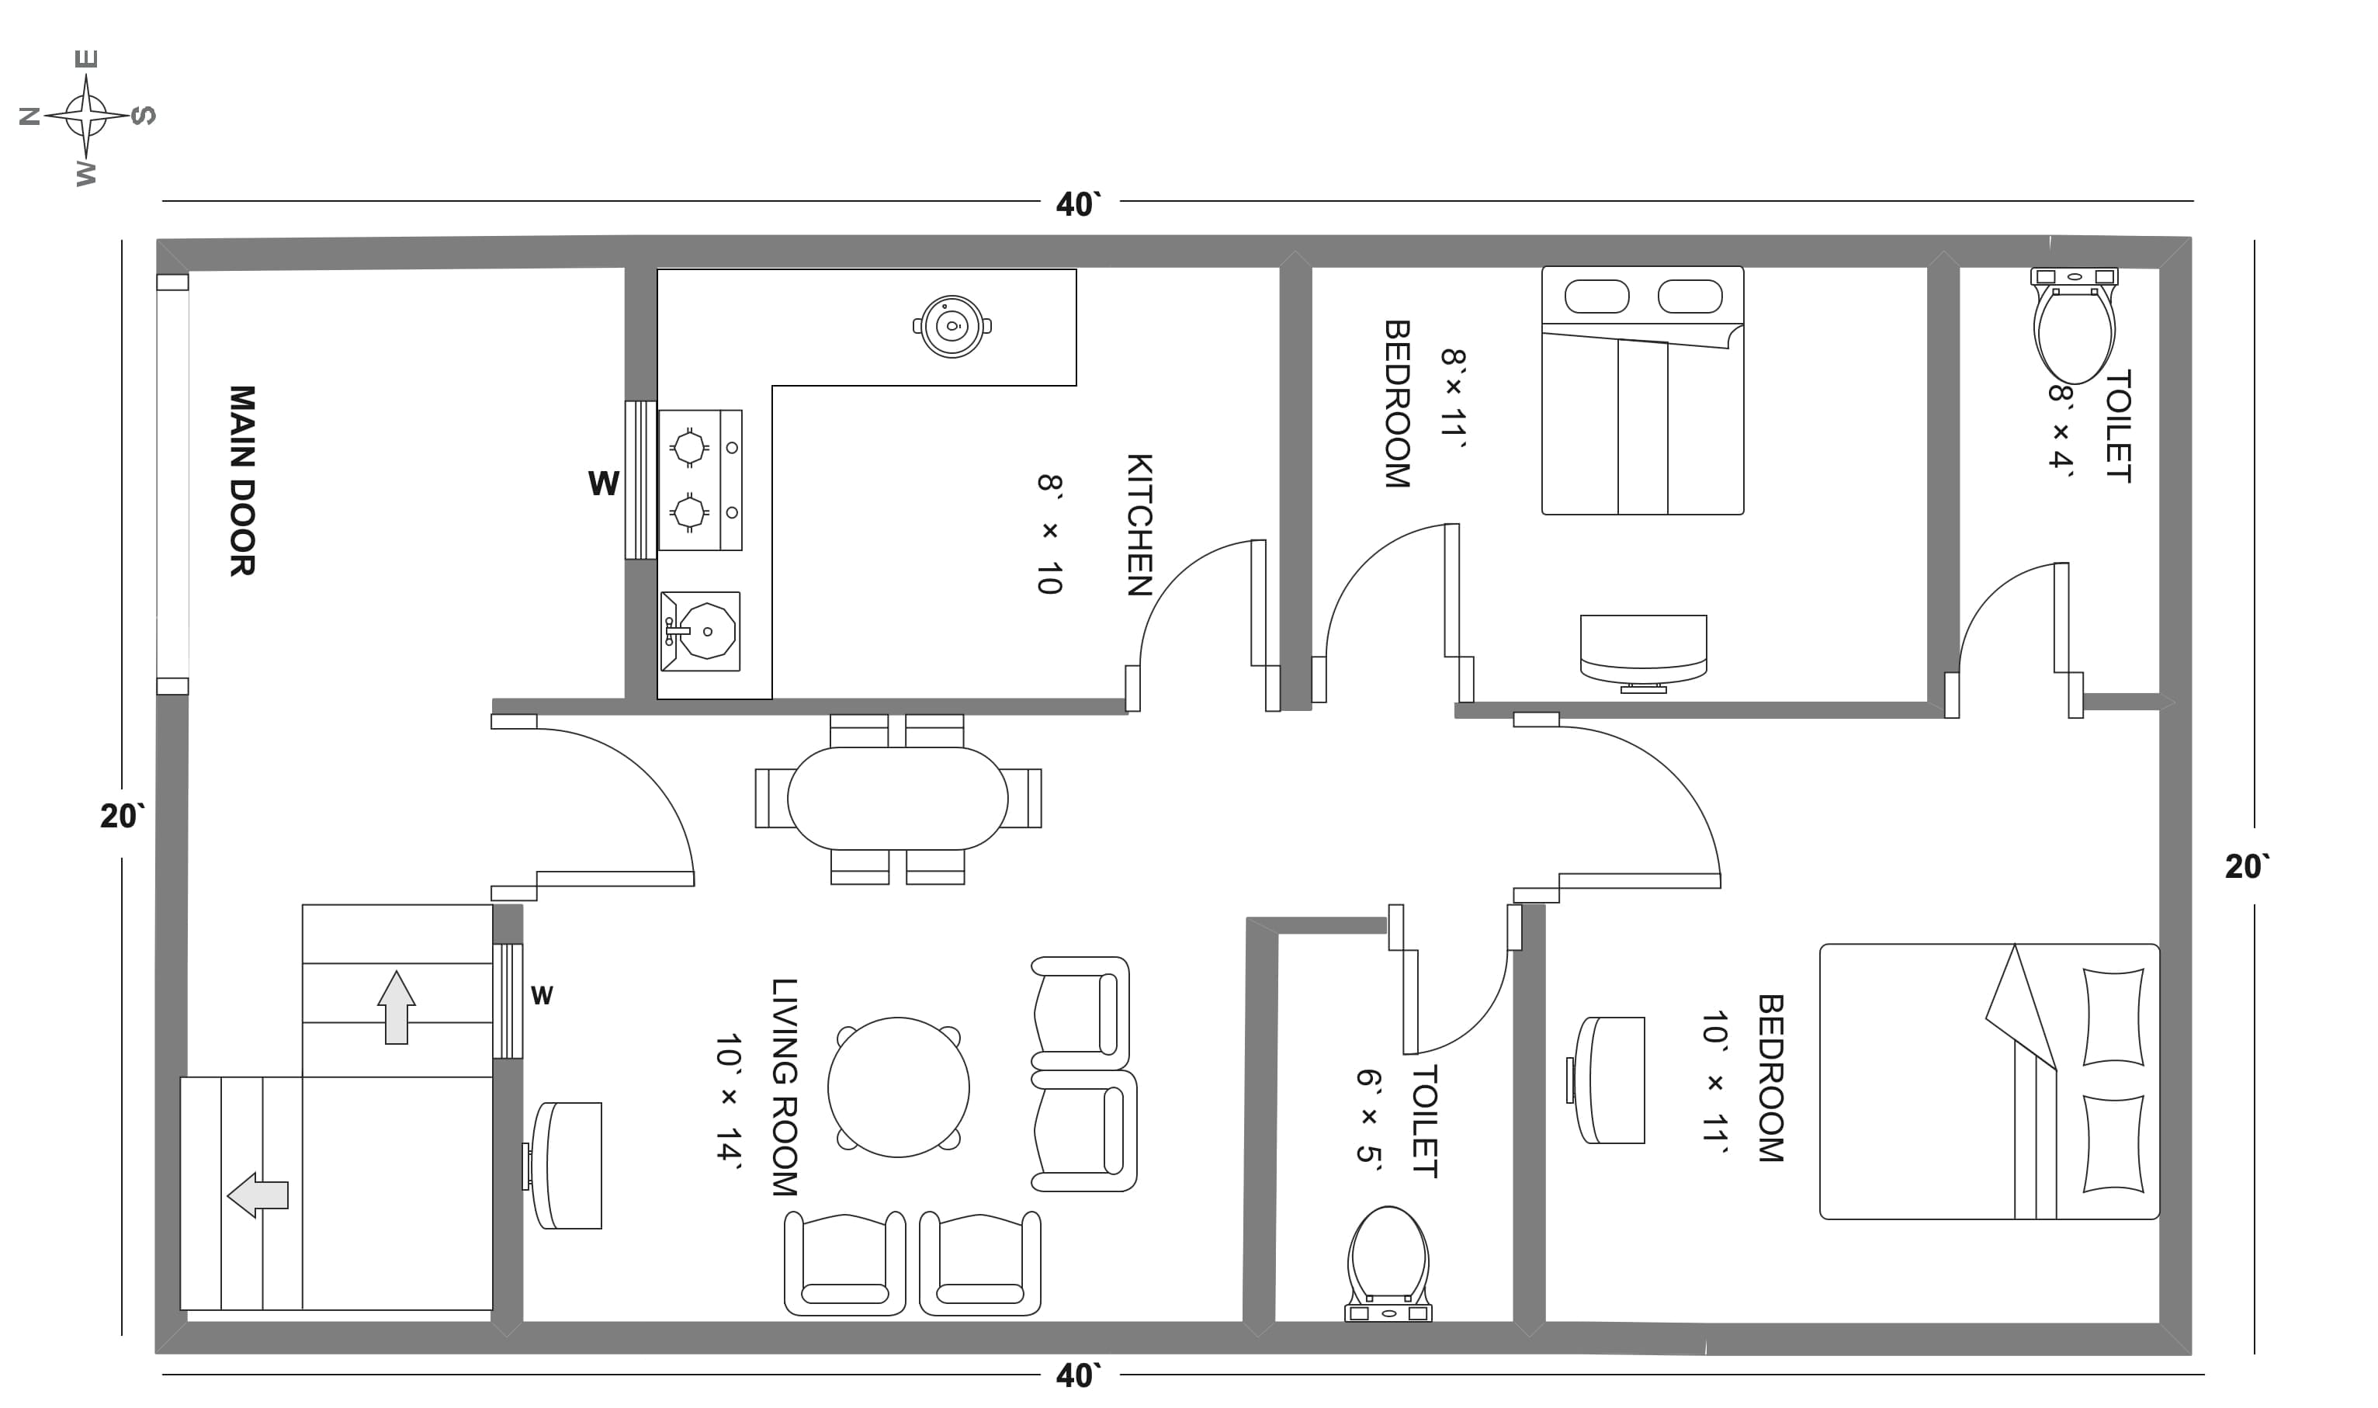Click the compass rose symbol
86,116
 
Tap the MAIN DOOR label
242,480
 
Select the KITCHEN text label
1139,525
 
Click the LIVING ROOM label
784,1087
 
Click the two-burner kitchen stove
700,480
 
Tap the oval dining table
897,799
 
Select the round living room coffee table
898,1087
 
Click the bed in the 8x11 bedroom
1642,391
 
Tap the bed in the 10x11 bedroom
1989,1082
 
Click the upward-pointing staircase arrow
397,1007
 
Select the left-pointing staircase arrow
258,1195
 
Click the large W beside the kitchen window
603,484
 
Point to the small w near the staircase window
542,995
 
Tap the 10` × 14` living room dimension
729,1098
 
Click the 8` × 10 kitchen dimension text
1049,534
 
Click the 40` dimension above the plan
1079,204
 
